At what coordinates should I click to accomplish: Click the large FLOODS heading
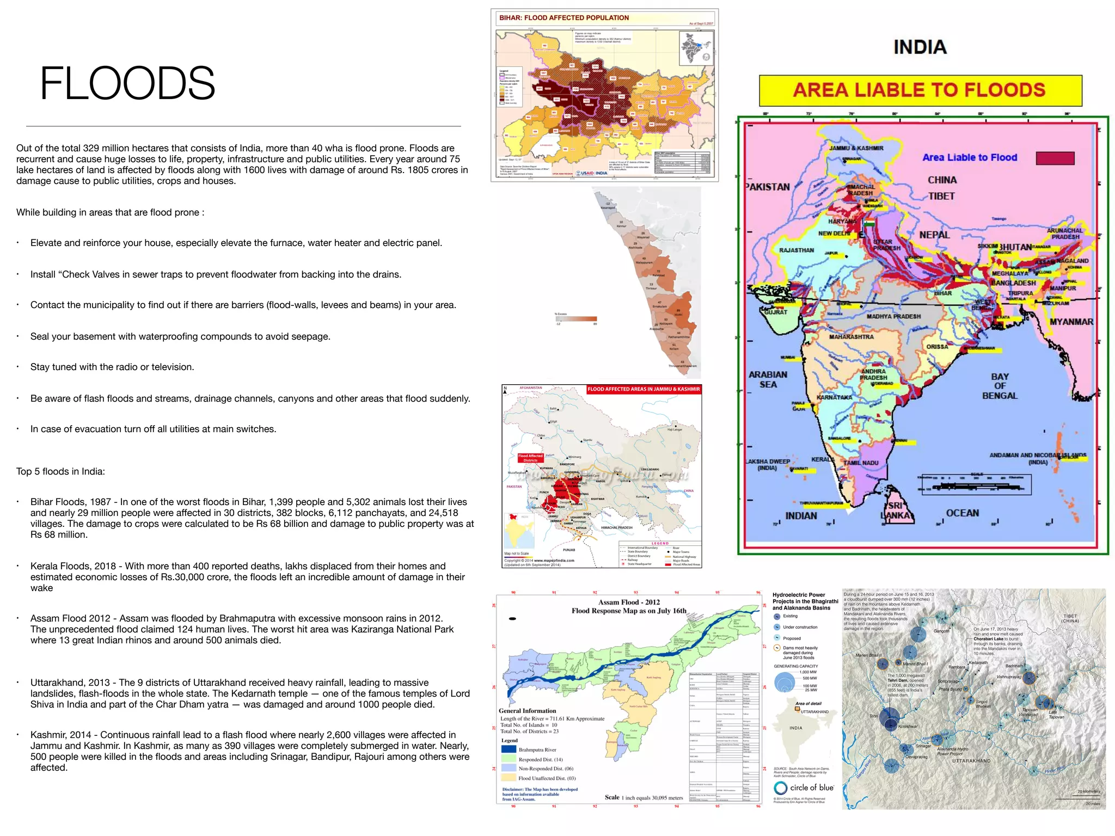[127, 83]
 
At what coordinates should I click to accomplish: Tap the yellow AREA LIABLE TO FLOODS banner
[920, 90]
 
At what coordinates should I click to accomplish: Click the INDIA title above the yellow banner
[920, 47]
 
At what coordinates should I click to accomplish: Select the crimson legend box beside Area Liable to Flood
[1055, 158]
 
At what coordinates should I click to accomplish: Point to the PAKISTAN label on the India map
[767, 187]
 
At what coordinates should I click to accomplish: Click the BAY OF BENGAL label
[1000, 386]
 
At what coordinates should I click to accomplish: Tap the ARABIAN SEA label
[768, 379]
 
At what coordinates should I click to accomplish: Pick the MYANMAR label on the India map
[1071, 322]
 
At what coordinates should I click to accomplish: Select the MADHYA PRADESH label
[893, 316]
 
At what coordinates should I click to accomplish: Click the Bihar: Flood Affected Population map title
[564, 18]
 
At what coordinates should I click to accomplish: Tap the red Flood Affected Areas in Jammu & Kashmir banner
[644, 389]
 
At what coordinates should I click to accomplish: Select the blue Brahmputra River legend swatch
[508, 749]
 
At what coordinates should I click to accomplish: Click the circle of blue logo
[804, 788]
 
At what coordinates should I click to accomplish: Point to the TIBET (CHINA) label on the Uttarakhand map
[1070, 618]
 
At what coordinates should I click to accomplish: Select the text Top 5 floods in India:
[60, 471]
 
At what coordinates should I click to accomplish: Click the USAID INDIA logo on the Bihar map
[593, 173]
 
